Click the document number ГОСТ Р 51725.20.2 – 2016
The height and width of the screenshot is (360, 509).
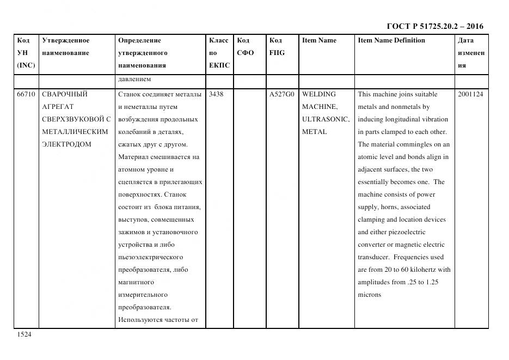434,26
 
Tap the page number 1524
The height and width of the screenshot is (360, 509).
24,334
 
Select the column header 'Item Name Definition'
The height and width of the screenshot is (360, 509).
391,40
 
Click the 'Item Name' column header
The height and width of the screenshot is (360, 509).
319,40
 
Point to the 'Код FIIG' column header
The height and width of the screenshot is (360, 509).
277,47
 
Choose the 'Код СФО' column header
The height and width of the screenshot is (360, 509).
245,47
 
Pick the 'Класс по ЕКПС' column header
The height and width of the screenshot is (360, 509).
219,53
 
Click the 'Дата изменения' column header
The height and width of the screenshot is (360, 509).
471,53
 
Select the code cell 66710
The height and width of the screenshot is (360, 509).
26,94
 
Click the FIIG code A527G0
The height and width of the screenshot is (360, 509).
281,94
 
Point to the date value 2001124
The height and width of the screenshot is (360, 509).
470,94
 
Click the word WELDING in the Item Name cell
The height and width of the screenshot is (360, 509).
319,94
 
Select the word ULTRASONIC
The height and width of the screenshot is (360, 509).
325,119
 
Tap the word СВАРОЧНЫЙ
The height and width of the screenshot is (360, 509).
65,94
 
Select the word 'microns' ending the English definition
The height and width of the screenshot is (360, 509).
370,295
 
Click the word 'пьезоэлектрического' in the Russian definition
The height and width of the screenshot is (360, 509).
150,257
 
